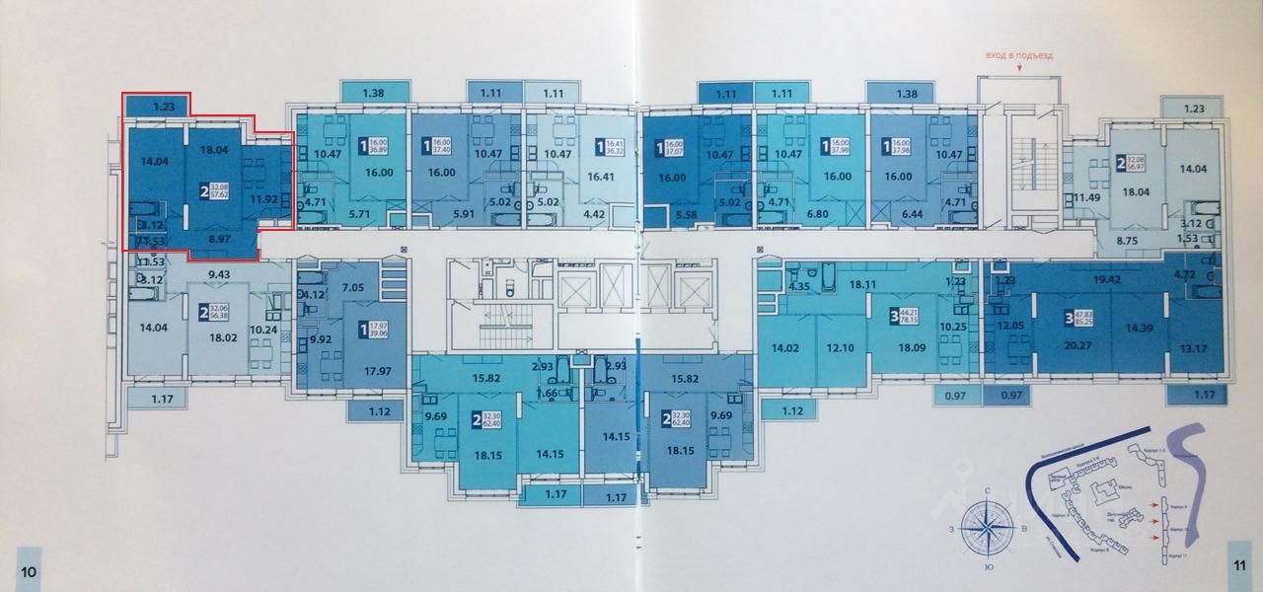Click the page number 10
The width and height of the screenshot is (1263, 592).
pos(30,571)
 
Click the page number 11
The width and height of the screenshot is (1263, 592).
pos(1237,564)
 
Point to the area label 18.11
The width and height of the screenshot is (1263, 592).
pos(863,284)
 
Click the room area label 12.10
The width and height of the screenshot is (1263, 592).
pos(839,347)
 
